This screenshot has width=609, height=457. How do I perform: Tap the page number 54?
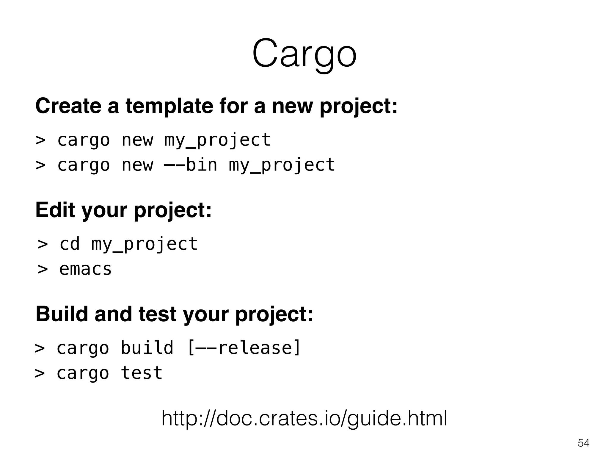point(583,443)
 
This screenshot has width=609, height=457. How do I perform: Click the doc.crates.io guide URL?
point(304,418)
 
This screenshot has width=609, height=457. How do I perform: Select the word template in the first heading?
point(169,107)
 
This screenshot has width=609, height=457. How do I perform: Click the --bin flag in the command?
point(191,165)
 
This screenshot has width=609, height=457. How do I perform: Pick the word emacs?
point(85,269)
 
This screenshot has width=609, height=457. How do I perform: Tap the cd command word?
point(70,244)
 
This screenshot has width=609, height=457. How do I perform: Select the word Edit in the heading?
point(55,210)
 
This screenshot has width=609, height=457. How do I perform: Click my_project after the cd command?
point(144,245)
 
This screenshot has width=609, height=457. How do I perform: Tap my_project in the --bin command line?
point(282,165)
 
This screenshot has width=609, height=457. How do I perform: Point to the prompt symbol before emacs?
point(43,269)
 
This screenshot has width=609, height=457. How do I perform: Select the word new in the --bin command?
point(137,165)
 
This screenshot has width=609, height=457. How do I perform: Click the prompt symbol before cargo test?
point(40,373)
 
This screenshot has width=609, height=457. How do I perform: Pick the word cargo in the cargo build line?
point(83,348)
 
